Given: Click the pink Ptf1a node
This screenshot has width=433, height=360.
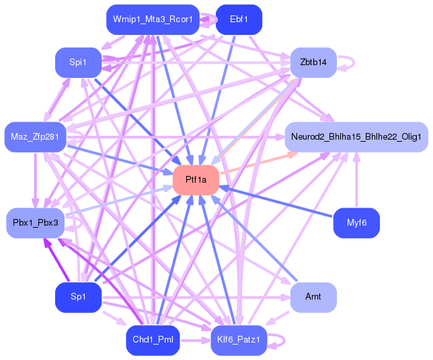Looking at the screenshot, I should click(196, 180).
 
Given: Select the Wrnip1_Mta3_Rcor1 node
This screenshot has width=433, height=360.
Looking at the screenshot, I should click(153, 19).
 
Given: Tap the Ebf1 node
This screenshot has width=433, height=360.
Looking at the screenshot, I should click(239, 19).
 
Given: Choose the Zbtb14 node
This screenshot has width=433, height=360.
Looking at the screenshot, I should click(313, 62).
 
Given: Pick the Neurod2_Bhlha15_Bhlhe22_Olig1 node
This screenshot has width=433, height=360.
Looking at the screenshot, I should click(356, 137).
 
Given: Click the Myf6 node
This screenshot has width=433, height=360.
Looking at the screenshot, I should click(356, 223).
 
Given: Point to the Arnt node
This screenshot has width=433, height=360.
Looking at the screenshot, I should click(313, 297).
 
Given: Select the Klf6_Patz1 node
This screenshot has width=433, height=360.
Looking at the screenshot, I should click(239, 341).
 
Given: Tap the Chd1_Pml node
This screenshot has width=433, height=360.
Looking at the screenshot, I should click(153, 341).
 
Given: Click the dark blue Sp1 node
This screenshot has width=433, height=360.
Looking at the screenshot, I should click(78, 297).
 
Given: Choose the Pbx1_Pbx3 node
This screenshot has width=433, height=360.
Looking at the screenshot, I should click(35, 222).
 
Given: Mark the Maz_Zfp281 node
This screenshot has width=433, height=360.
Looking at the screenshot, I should click(35, 137).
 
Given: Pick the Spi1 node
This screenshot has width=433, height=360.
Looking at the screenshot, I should click(78, 62).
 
